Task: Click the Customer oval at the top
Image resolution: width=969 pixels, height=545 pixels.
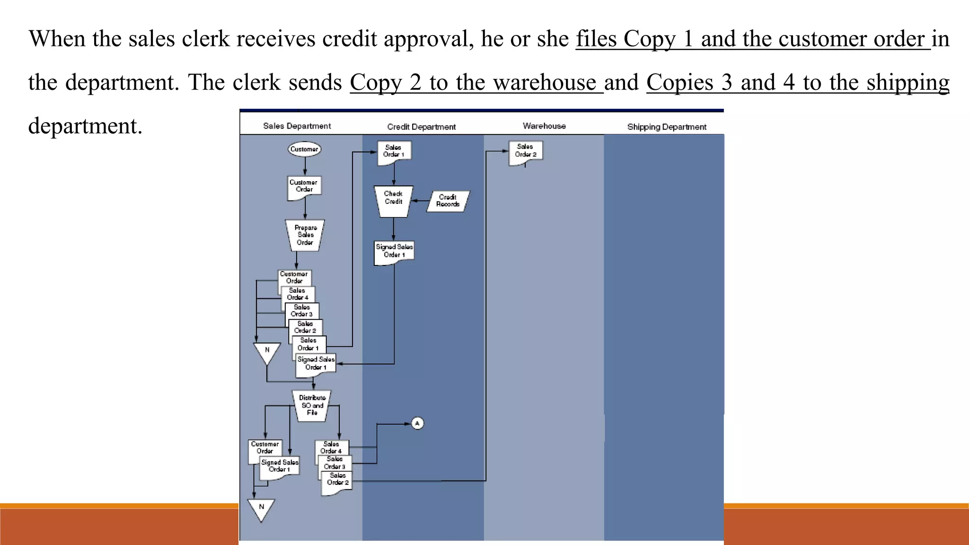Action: tap(304, 149)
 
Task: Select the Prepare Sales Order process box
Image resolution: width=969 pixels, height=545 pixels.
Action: tap(305, 235)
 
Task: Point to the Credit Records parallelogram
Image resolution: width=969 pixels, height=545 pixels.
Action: tap(448, 201)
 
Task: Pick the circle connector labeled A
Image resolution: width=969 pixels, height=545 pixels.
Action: tap(417, 423)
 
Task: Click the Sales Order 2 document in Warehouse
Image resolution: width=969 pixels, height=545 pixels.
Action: tap(526, 151)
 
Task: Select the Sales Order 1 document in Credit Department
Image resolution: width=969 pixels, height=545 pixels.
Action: tap(394, 152)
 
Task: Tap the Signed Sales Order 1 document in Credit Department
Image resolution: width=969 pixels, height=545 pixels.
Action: tap(394, 252)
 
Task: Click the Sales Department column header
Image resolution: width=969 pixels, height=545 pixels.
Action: tap(297, 126)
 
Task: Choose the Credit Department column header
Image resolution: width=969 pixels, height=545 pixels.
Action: tap(421, 127)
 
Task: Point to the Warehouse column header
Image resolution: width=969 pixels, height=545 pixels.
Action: tap(544, 126)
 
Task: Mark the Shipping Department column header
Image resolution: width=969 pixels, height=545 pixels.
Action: tap(666, 127)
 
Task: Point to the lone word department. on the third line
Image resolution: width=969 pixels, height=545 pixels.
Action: tap(85, 126)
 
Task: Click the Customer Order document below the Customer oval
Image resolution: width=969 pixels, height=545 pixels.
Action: tap(304, 187)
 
